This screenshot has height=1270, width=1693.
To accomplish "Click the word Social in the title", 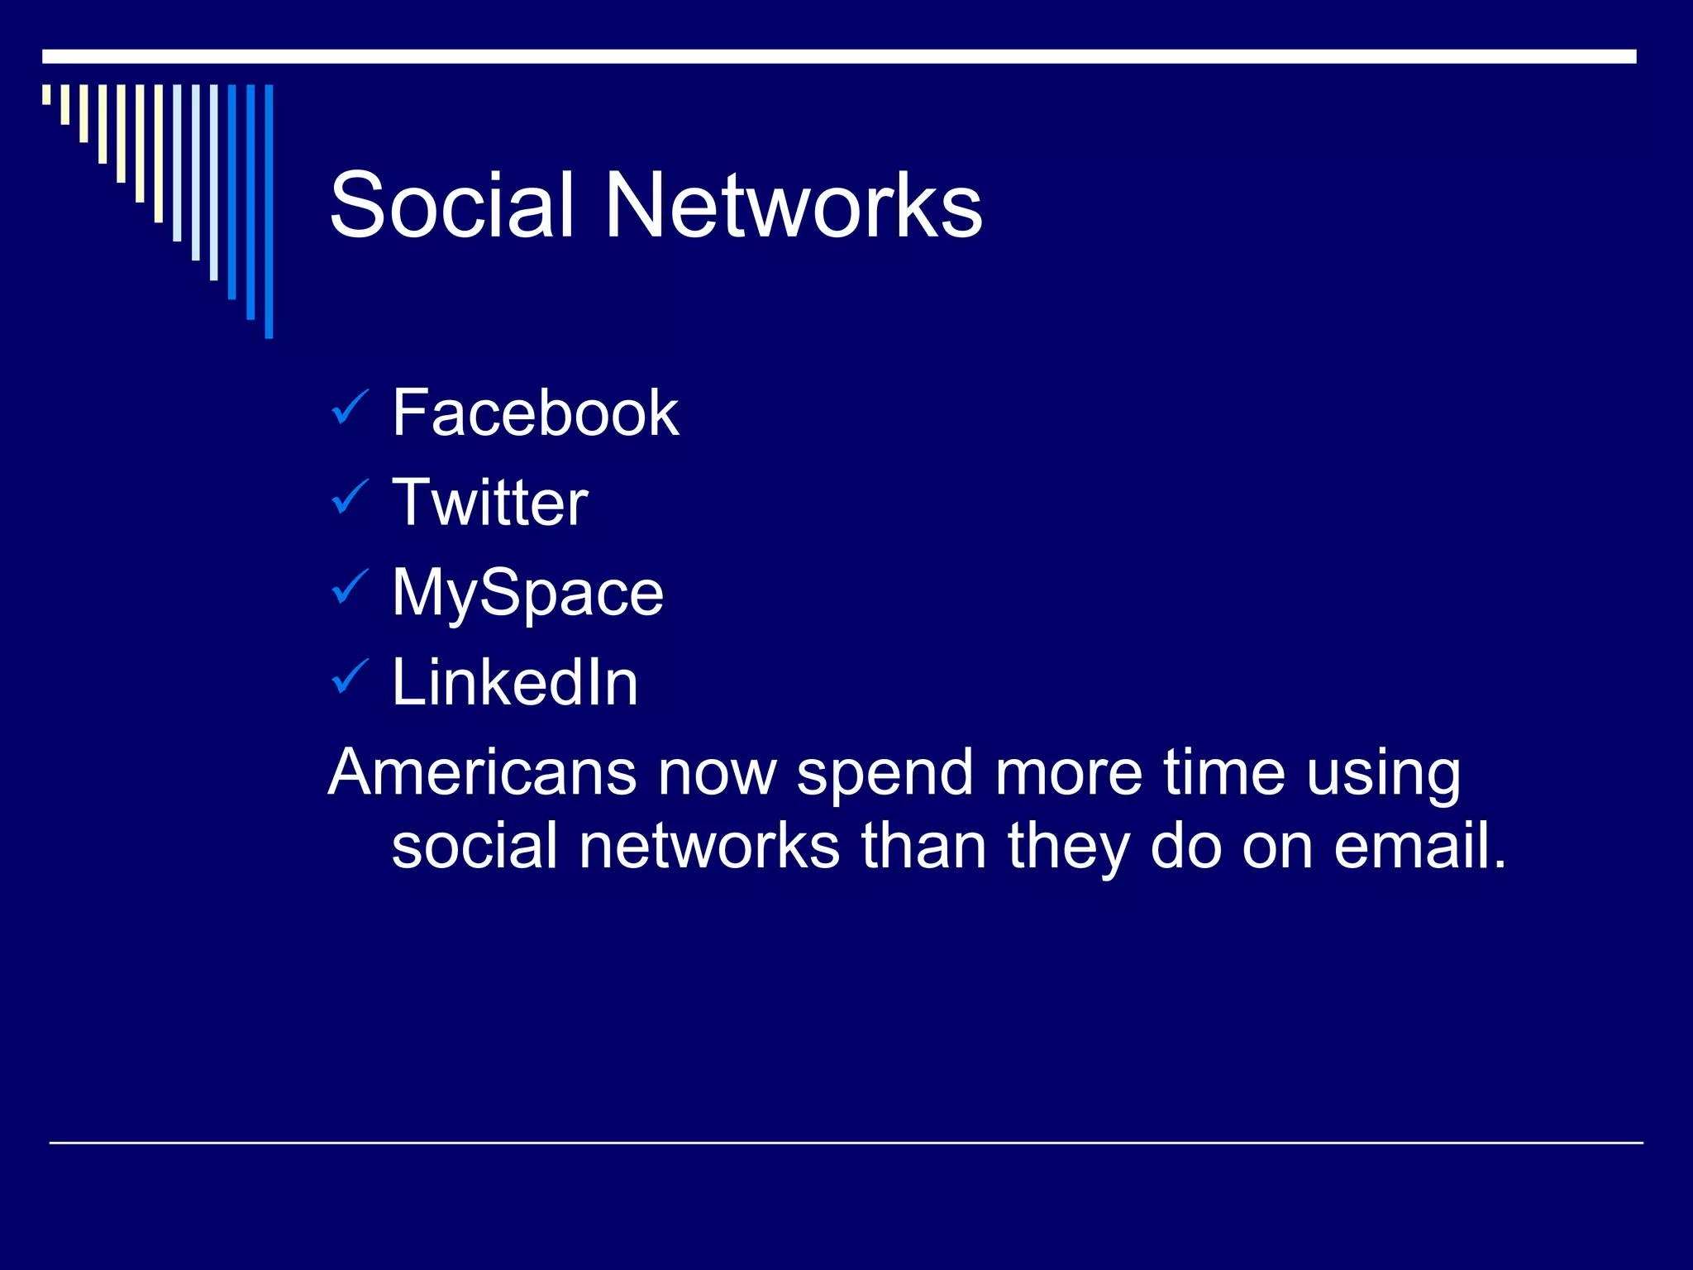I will click(451, 205).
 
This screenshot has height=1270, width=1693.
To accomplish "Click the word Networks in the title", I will click(794, 205).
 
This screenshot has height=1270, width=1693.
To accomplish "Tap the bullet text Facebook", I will click(535, 413).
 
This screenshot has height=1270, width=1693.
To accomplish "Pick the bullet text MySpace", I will click(527, 593).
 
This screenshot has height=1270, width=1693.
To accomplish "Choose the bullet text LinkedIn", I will click(514, 683).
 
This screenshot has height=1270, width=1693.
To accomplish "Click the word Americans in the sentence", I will click(482, 772).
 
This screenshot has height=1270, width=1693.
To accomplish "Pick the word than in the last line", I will click(923, 846).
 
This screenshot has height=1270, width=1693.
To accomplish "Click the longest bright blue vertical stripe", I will click(269, 211).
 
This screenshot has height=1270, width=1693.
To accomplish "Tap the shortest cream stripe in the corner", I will click(46, 94).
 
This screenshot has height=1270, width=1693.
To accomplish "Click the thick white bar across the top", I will click(839, 56).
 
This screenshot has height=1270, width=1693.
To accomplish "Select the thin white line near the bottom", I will click(846, 1143).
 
